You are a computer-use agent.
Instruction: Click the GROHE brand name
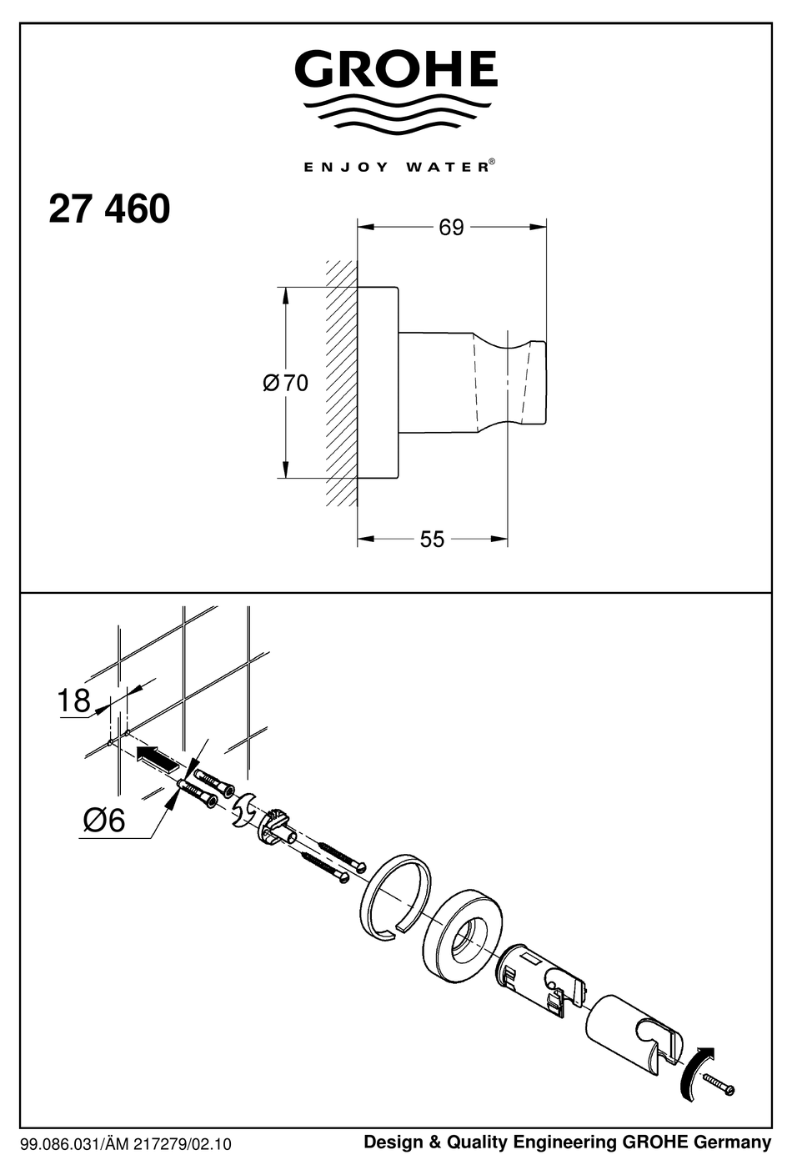(x=395, y=69)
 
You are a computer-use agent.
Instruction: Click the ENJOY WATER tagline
(x=395, y=167)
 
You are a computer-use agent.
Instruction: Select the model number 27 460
(x=109, y=209)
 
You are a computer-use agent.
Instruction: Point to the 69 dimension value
(x=451, y=228)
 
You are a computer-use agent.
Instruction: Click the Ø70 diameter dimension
(x=285, y=383)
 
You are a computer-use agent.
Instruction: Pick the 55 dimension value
(x=432, y=540)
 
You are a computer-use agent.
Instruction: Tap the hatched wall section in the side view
(x=341, y=383)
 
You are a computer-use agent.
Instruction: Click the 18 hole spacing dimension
(x=73, y=700)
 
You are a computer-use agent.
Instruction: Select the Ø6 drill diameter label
(x=104, y=821)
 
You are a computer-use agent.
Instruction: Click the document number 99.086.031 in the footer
(x=63, y=1144)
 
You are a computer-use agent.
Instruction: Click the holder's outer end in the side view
(x=536, y=383)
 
